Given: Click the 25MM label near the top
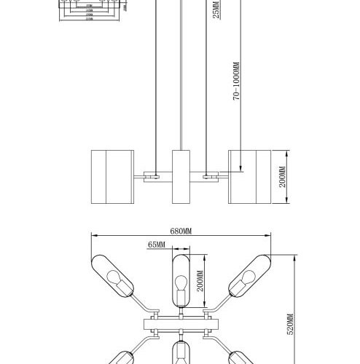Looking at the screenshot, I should [216, 11].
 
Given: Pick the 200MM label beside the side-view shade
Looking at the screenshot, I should [282, 178].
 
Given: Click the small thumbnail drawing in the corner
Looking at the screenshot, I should [88, 12].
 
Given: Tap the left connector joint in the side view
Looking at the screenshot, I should [155, 175].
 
